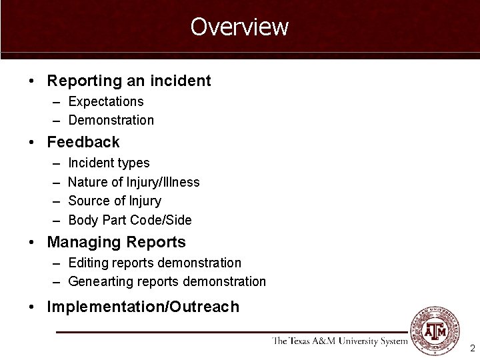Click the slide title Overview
239,27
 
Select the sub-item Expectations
106,101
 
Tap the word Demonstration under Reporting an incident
111,121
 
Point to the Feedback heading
83,142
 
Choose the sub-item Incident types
109,163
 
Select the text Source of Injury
115,201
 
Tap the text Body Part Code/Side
130,220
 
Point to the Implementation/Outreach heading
143,307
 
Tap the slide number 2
472,348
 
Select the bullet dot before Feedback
32,142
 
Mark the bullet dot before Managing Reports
32,242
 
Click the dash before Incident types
53,163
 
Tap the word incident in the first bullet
181,81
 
